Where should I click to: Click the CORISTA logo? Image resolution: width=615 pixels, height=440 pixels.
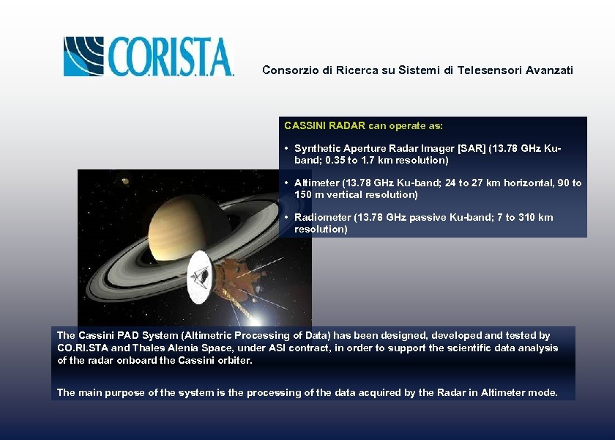tap(149, 56)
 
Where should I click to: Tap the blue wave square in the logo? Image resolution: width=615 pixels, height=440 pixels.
tap(83, 56)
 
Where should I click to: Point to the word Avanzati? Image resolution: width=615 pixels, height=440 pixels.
tap(549, 70)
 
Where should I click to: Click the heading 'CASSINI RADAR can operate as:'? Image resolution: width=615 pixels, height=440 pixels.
tap(363, 126)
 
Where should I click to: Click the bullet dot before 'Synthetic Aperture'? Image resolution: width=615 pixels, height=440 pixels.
tap(286, 148)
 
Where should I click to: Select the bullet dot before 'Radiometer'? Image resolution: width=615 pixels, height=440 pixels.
tap(286, 218)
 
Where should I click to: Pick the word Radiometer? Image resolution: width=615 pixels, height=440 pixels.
tap(322, 218)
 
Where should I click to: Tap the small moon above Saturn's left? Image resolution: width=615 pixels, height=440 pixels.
tap(125, 181)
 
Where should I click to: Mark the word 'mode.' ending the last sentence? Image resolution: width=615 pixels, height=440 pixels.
tap(543, 393)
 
